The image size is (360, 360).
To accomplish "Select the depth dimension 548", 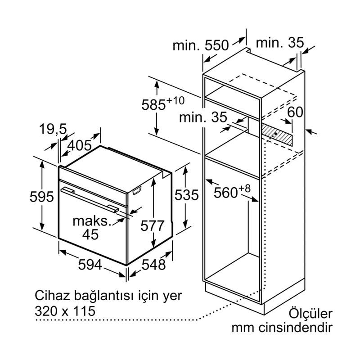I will [x=150, y=265].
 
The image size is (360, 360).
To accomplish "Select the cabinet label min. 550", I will [x=201, y=45].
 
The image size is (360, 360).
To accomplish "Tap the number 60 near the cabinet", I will [x=295, y=112].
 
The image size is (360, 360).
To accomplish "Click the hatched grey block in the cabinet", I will [x=277, y=135].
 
